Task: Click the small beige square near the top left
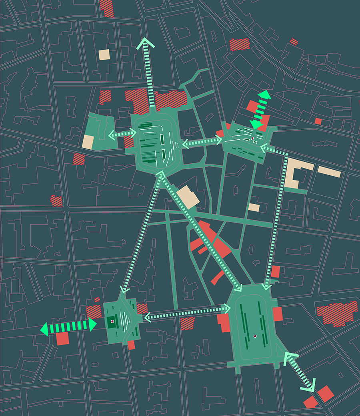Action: (x=104, y=55)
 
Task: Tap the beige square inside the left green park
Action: (x=88, y=142)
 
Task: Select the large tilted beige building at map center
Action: (x=188, y=197)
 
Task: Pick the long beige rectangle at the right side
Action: (x=329, y=172)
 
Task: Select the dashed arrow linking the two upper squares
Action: (x=202, y=142)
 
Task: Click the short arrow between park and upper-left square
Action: (x=122, y=134)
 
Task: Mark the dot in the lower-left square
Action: (x=112, y=321)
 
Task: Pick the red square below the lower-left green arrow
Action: (x=62, y=339)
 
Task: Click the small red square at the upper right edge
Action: (x=318, y=121)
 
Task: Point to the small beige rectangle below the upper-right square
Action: (x=254, y=207)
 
